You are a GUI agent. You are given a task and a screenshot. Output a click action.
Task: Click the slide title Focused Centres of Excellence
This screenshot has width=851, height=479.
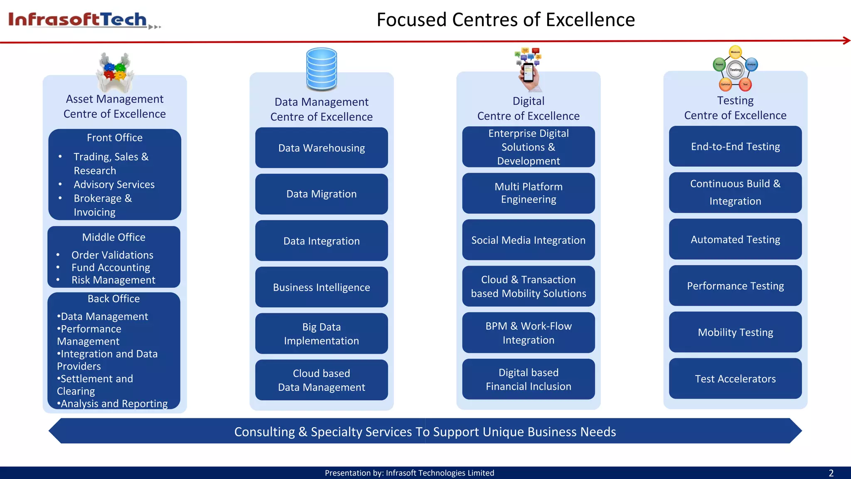[505, 20]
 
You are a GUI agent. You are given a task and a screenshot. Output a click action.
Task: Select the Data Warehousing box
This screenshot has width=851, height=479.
[321, 148]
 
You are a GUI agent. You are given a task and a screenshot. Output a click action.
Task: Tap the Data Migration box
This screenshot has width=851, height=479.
[321, 194]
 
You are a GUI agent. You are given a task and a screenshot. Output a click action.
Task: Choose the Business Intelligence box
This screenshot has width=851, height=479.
[321, 287]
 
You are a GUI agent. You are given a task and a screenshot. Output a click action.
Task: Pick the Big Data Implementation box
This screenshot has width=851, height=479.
[321, 334]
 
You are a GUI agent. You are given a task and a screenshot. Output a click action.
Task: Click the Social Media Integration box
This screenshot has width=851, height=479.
[528, 240]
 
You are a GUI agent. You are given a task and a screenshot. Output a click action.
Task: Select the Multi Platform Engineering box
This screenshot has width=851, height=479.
[528, 193]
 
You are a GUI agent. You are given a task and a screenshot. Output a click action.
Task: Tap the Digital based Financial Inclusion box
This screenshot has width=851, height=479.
[528, 379]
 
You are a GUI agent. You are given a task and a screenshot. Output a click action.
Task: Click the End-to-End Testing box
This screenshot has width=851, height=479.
[735, 147]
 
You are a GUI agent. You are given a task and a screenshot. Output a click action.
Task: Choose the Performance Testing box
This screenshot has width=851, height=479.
[735, 286]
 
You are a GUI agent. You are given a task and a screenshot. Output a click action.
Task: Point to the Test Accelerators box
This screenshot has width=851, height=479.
[735, 379]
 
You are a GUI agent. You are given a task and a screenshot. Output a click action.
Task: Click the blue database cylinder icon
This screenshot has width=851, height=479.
[321, 69]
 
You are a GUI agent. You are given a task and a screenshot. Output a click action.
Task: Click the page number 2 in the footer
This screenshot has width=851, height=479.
[831, 473]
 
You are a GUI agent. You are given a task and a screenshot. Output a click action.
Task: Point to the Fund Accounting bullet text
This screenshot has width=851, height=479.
[111, 268]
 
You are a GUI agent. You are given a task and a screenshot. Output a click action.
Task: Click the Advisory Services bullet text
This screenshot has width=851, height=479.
[114, 185]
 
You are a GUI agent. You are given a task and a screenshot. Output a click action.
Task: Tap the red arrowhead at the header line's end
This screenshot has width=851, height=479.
[846, 40]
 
